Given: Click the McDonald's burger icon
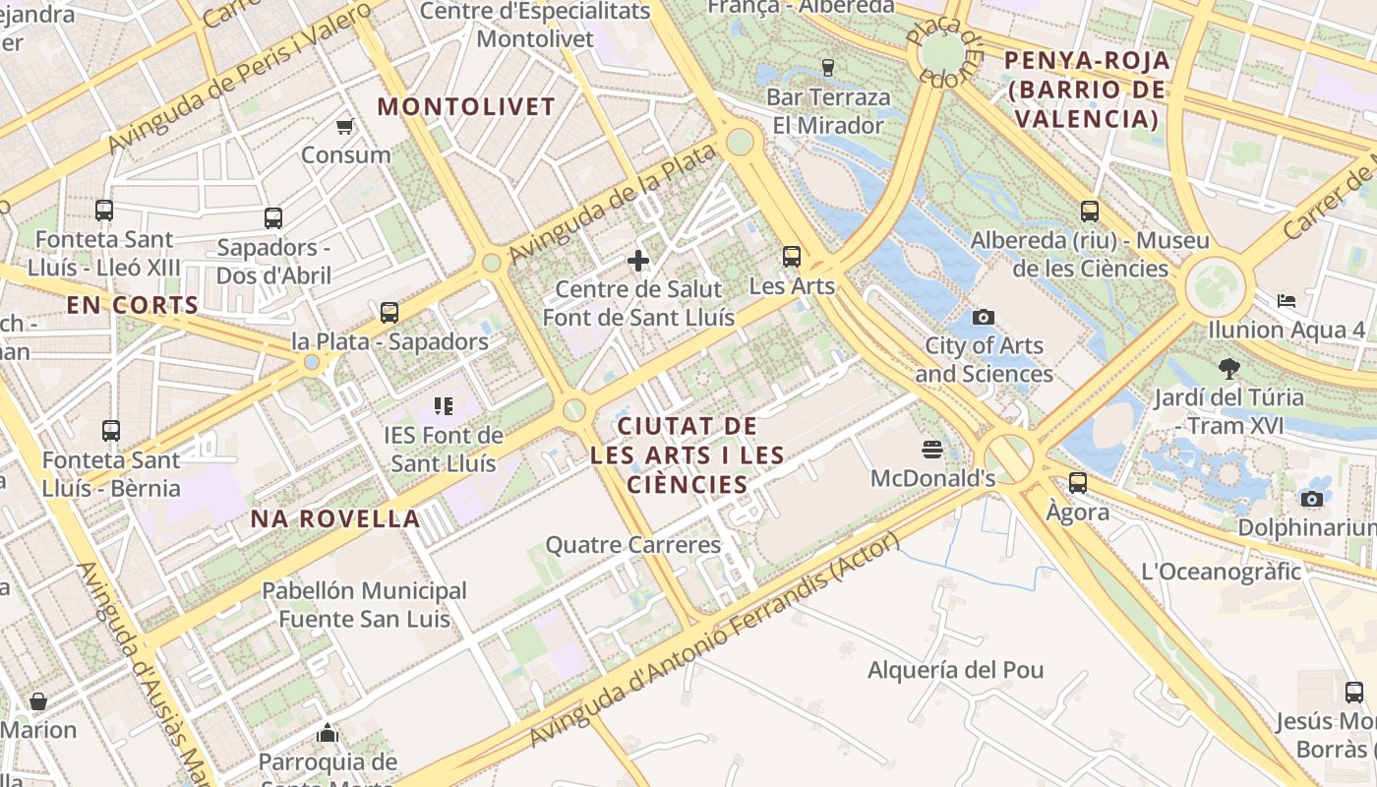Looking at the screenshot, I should pos(932,450).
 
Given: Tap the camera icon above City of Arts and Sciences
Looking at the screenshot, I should pos(983,317).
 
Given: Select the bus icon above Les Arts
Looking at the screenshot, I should pos(792,257).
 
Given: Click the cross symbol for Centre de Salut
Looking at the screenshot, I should pos(638,261).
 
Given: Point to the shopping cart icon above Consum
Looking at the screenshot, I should pos(345,126).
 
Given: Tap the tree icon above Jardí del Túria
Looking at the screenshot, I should pos(1228,369).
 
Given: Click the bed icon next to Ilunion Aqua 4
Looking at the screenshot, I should pos(1286,300).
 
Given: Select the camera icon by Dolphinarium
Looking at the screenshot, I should pos(1311,499).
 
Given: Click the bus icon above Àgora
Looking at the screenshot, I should pos(1078,483).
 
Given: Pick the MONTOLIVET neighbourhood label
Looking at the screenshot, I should pos(466,106).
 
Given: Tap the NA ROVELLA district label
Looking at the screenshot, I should pos(335,518).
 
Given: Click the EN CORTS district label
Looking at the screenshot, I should pos(133,305).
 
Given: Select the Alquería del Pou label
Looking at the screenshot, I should pos(955,670).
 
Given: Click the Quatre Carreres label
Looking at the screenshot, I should pos(633,544).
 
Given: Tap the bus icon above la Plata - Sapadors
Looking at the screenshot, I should pos(389,313).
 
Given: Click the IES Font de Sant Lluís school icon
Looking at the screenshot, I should pos(443,405).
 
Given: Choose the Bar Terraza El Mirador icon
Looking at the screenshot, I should pos(827,68).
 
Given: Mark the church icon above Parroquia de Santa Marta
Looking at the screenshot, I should pos(328,733).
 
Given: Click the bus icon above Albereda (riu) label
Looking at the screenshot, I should pos(1090,211).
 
